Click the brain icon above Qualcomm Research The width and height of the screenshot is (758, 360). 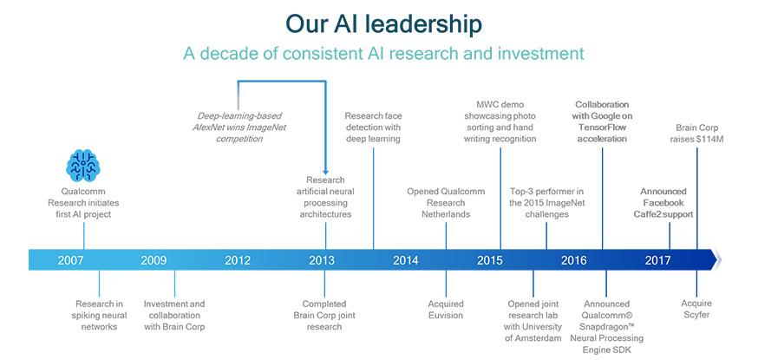click(83, 166)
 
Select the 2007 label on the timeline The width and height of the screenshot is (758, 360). click(70, 260)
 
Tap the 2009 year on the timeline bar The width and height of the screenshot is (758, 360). click(154, 260)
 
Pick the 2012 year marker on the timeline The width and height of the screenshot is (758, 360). click(238, 260)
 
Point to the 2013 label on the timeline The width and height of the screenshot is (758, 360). click(322, 260)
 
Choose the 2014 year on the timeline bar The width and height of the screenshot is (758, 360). click(406, 260)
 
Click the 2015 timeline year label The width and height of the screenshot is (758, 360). click(490, 260)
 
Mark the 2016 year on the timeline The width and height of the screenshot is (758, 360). click(574, 260)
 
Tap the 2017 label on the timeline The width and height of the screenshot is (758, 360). click(658, 260)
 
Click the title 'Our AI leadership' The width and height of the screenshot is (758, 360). click(383, 23)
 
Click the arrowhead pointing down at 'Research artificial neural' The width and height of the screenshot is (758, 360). click(325, 172)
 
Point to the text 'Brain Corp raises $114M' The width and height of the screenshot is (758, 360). click(696, 134)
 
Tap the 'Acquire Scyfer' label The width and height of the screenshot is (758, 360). click(696, 309)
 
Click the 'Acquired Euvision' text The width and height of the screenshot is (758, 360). click(446, 310)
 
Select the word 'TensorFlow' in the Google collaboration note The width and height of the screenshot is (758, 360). click(603, 128)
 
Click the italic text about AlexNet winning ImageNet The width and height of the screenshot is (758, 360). click(239, 128)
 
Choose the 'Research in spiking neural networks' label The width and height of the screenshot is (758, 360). click(99, 315)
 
